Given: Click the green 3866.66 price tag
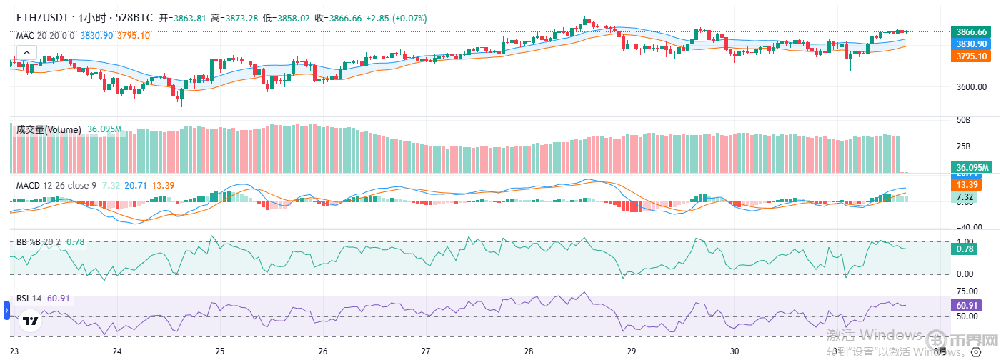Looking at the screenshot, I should point(972,31).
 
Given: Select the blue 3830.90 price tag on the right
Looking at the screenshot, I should point(972,44).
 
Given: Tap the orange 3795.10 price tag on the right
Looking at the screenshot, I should point(972,56).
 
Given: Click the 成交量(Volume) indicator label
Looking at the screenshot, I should point(49,129).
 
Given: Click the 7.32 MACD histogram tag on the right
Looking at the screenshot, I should point(965,197).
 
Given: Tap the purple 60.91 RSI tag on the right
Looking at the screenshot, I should point(966,305).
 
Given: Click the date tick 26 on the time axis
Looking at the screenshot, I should point(323,351).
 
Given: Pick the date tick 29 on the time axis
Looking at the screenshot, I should point(632,351).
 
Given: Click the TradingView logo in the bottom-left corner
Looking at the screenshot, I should point(29,321).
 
